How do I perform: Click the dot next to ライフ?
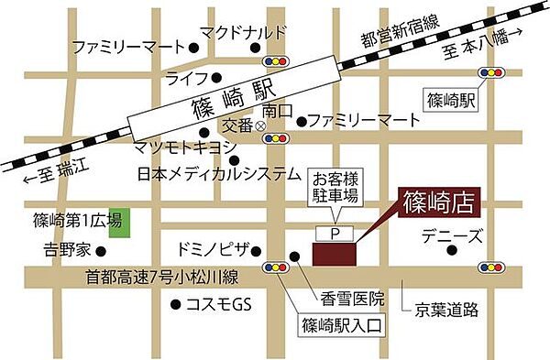[217, 78]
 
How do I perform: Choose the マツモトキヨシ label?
[184, 147]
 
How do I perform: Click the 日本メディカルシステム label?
[219, 173]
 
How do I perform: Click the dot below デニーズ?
[451, 249]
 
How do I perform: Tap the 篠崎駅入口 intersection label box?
[340, 324]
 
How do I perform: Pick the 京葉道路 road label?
[446, 310]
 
